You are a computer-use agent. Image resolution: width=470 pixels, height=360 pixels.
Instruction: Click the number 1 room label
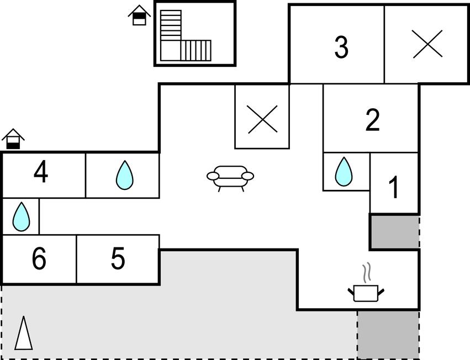pos(394,188)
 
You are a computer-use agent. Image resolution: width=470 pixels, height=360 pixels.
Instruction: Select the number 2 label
pos(373,120)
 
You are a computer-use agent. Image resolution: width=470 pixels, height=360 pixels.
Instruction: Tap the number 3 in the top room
pos(342,47)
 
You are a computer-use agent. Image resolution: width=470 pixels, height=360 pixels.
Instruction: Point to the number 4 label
pos(41,173)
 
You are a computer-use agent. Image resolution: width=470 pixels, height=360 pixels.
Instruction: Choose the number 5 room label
pos(118,258)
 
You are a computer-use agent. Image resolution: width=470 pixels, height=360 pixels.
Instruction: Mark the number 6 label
pos(39,259)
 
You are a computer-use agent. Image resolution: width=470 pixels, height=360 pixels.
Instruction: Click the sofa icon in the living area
pos(230,177)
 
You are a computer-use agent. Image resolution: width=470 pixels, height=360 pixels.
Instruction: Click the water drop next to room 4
pos(124,175)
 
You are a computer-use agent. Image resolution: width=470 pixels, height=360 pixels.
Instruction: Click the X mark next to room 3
pos(428,44)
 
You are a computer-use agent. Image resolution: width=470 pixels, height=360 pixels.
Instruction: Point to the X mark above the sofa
pos(262,118)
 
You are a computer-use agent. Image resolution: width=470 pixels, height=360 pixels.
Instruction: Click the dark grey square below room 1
pos(394,232)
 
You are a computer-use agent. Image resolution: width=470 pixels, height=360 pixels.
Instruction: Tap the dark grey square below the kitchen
pos(388,334)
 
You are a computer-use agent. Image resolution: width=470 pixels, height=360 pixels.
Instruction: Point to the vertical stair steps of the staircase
pos(196,50)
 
